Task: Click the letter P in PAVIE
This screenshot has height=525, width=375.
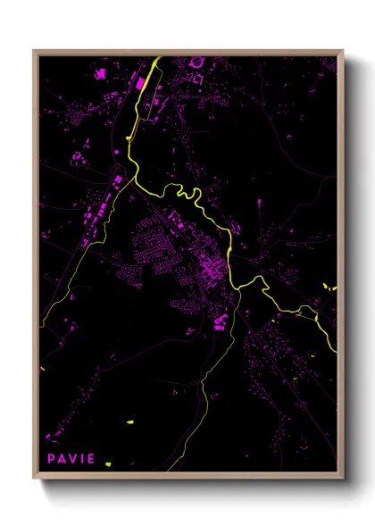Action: click(51, 459)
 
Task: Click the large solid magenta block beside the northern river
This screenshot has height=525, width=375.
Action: click(140, 83)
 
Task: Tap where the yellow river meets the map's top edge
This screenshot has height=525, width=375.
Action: click(159, 58)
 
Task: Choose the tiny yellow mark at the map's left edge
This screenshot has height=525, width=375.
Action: click(42, 369)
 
